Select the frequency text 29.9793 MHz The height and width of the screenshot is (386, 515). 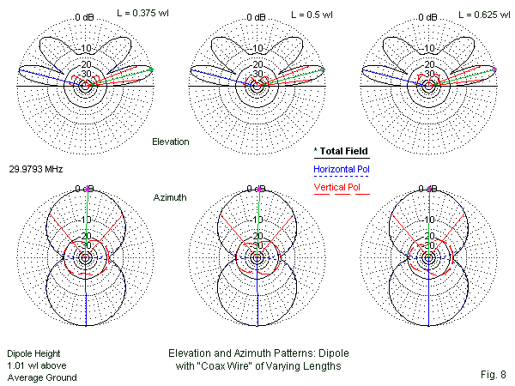[x=35, y=170]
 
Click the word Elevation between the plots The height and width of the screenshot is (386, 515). [x=170, y=141]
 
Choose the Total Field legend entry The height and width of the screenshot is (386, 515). [x=341, y=151]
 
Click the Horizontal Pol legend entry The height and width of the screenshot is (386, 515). [x=342, y=169]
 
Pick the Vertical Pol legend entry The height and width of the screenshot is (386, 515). [x=337, y=187]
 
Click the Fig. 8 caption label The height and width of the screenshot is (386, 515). [x=489, y=374]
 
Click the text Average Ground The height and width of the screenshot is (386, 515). [x=42, y=377]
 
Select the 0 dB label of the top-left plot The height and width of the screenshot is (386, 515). [x=84, y=16]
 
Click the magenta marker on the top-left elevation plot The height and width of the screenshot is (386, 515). [x=152, y=69]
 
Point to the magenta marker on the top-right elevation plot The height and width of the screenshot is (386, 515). [x=495, y=69]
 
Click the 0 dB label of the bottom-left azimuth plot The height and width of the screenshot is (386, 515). [x=84, y=188]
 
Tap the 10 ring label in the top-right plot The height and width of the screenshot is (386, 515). [x=429, y=48]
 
